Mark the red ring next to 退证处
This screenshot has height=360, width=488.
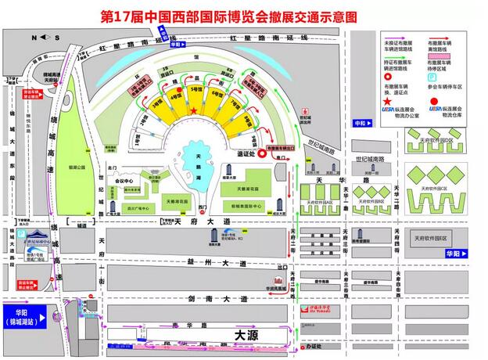point(258,156)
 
